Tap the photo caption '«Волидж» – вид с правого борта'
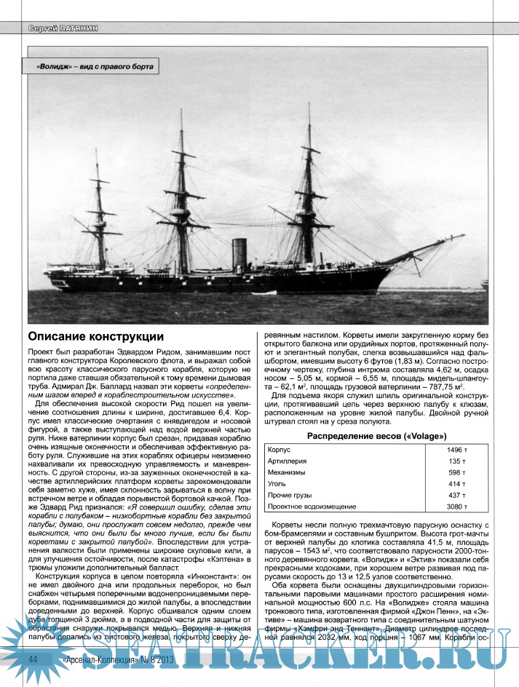(x=95, y=66)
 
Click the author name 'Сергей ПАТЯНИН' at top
(x=62, y=28)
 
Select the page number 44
(x=33, y=658)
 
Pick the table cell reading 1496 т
(x=456, y=450)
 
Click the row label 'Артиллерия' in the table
(x=288, y=461)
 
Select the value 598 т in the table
(x=456, y=472)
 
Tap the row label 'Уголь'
(x=279, y=484)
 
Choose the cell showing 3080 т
(x=456, y=507)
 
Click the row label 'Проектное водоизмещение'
(x=312, y=507)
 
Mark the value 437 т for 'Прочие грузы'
(x=456, y=495)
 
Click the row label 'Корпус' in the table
(x=280, y=450)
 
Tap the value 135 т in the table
(x=456, y=461)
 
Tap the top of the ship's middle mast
(x=181, y=111)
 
